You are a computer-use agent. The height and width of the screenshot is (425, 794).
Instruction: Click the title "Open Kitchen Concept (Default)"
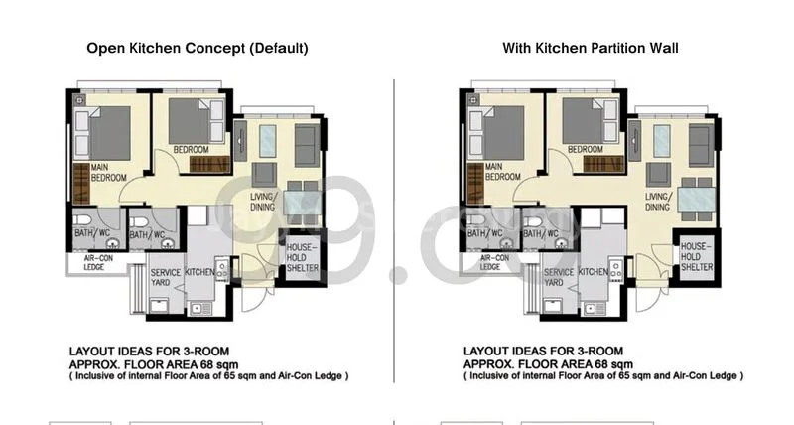coord(198,48)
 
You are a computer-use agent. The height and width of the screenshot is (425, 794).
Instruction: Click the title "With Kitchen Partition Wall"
coord(590,48)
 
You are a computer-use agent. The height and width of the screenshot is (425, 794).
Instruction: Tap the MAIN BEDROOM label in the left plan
coord(110,172)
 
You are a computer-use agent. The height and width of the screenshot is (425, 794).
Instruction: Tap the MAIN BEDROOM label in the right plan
coord(502,172)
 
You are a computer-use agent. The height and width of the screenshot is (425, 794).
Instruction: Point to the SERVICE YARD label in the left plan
coord(166,276)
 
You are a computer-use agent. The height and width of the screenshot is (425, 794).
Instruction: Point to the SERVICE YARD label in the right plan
coord(559,276)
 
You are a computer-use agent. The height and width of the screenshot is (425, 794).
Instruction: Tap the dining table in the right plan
coord(696,199)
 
